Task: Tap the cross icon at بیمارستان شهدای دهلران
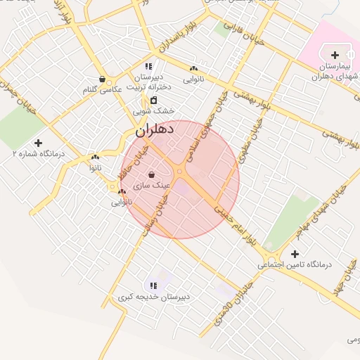335,55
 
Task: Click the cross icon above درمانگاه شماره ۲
37,143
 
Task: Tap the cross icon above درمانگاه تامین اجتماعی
294,253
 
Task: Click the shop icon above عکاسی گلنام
103,79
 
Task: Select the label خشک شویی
154,110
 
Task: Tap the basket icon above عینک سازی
151,174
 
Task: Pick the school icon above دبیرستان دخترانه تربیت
148,67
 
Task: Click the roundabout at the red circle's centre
180,171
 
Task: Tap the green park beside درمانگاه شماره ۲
21,127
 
